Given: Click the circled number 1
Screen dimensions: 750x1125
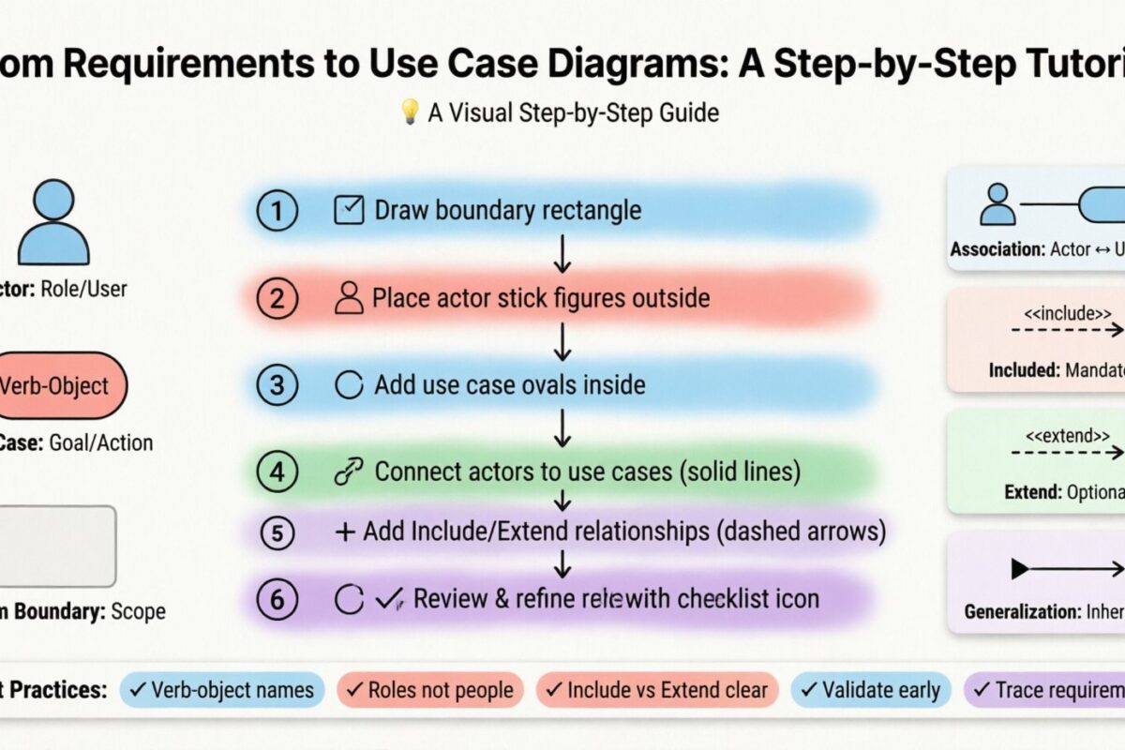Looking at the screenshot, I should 277,211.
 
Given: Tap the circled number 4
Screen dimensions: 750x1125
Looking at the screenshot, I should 277,472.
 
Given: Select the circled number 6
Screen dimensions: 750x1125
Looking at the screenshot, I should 277,599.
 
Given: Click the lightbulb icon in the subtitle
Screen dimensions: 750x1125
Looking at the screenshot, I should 409,112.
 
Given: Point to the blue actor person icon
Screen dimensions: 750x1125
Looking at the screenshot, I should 53,222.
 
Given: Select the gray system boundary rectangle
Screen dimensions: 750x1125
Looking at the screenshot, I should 56,547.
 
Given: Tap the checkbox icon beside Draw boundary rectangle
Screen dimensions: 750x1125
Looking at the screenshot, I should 349,211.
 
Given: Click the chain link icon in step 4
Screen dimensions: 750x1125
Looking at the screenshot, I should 348,472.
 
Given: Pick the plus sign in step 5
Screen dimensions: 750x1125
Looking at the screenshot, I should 345,532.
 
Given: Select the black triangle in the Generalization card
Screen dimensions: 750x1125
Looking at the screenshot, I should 1020,568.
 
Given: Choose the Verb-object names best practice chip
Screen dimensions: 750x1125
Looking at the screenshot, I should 222,691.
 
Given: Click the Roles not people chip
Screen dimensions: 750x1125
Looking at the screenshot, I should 430,691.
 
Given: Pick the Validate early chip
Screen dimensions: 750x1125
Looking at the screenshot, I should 871,691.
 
